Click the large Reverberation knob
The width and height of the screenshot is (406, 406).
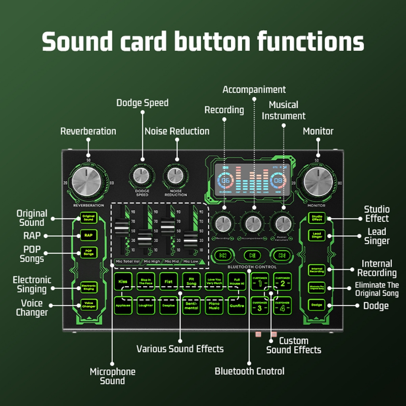pyautogui.click(x=88, y=183)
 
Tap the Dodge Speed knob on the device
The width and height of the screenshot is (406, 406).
pyautogui.click(x=142, y=175)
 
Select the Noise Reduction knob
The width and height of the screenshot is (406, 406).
pyautogui.click(x=175, y=175)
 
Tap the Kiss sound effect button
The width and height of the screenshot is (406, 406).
pyautogui.click(x=123, y=282)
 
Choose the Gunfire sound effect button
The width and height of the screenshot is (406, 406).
pyautogui.click(x=237, y=306)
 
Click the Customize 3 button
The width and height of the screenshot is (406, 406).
pyautogui.click(x=260, y=306)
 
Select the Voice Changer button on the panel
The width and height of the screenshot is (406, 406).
pyautogui.click(x=88, y=305)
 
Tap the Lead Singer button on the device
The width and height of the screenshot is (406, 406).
pyautogui.click(x=316, y=235)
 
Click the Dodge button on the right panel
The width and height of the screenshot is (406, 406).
pyautogui.click(x=316, y=305)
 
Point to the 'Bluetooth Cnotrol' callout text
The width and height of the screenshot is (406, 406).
pyautogui.click(x=249, y=371)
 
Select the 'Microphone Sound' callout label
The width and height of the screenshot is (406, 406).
pyautogui.click(x=112, y=376)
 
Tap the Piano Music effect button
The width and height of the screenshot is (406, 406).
pyautogui.click(x=214, y=306)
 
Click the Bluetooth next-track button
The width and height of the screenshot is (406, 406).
pyautogui.click(x=282, y=255)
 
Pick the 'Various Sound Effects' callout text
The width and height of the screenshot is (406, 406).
pyautogui.click(x=180, y=349)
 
